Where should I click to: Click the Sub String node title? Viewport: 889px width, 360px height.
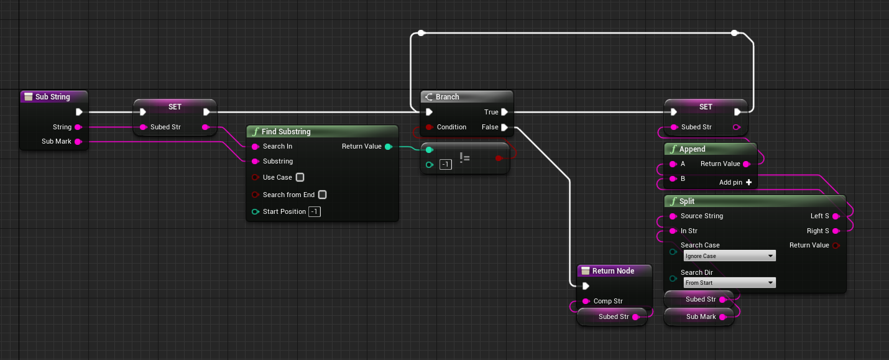[x=52, y=97]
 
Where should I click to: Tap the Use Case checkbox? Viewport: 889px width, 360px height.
[x=300, y=177]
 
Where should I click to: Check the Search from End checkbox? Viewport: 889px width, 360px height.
[x=322, y=195]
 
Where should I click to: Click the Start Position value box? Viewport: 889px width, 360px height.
[x=315, y=212]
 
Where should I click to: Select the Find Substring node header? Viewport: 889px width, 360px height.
[x=286, y=132]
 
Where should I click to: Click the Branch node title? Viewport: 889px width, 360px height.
[x=447, y=97]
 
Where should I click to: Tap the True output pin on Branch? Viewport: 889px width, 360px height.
[x=504, y=112]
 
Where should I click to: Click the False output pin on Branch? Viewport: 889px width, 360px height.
[x=504, y=127]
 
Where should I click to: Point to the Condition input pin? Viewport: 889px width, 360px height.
[x=429, y=127]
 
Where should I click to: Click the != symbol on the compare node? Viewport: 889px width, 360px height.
[x=464, y=158]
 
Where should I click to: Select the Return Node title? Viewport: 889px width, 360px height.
[x=613, y=271]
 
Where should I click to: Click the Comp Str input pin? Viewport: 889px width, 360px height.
[x=586, y=302]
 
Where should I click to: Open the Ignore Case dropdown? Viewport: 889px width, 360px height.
[x=729, y=256]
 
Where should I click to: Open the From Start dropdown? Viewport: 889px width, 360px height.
[x=729, y=283]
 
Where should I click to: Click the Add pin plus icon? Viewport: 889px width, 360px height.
[x=749, y=182]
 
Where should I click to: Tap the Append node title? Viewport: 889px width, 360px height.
[x=692, y=149]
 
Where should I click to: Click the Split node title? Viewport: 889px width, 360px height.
[x=686, y=201]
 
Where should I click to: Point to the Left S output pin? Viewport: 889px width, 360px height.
[x=836, y=216]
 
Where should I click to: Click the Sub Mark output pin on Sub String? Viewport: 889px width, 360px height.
[x=78, y=142]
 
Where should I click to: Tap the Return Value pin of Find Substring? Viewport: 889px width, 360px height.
[x=388, y=147]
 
